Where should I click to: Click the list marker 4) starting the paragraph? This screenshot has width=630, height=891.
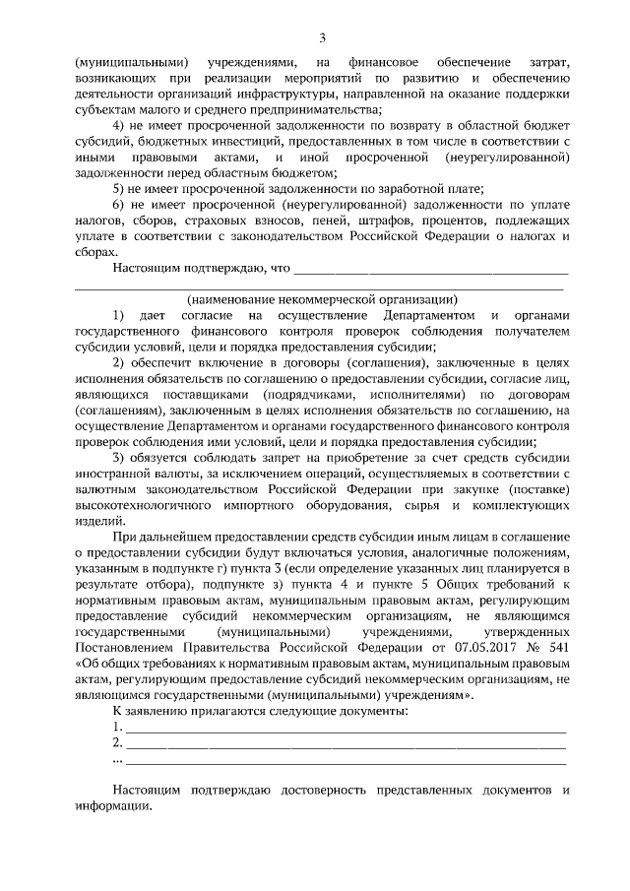coord(120,126)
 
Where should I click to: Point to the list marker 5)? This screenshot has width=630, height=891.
coord(120,189)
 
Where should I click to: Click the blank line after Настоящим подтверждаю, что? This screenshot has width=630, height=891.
coord(431,270)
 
